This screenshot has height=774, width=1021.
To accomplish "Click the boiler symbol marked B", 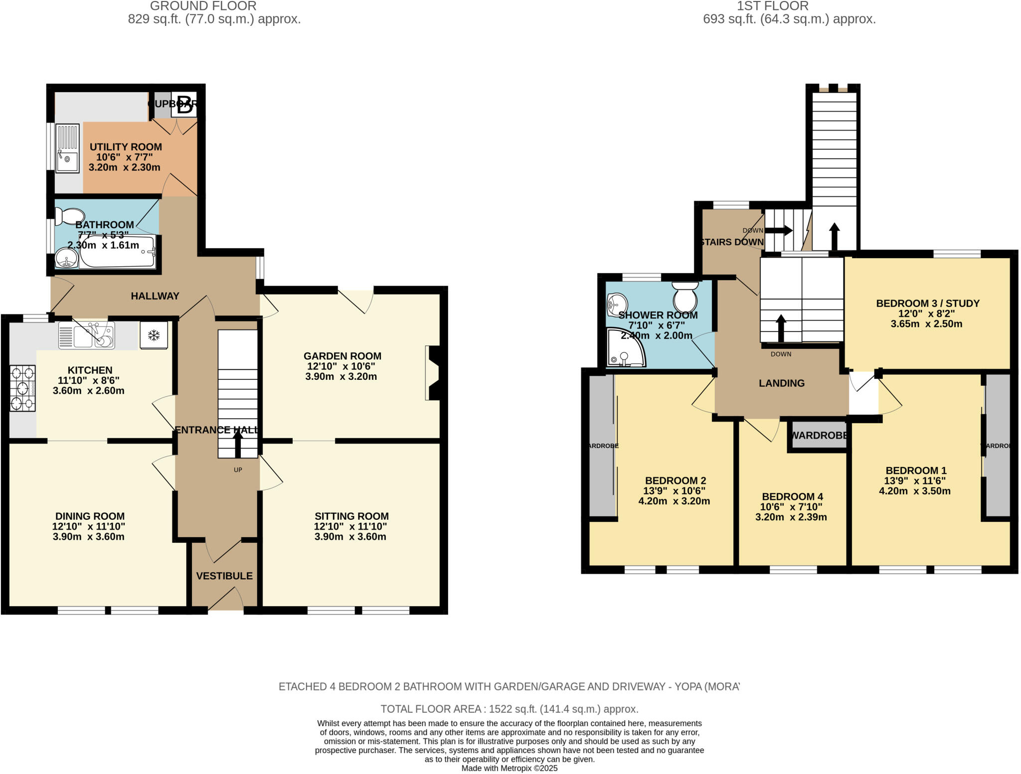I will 184,105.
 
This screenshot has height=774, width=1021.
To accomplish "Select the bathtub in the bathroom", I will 118,252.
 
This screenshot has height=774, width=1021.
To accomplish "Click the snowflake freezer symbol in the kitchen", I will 154,335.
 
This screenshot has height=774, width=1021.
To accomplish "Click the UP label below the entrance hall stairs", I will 238,470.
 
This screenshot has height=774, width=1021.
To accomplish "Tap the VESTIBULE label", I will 224,576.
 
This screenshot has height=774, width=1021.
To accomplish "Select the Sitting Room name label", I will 351,516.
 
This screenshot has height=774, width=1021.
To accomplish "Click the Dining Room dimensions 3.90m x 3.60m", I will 89,537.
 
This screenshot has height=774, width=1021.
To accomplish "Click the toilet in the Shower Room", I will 685,297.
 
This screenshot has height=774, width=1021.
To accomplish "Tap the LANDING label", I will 782,383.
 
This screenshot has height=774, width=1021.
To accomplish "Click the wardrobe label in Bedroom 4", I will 820,436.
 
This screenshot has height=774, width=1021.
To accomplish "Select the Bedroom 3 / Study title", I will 928,304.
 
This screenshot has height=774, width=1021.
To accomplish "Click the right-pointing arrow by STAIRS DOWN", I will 779,230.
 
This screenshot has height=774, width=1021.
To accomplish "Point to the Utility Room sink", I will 67,148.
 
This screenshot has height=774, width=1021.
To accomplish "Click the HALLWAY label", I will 155,296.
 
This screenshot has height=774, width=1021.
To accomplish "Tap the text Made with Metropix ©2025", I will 510,769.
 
